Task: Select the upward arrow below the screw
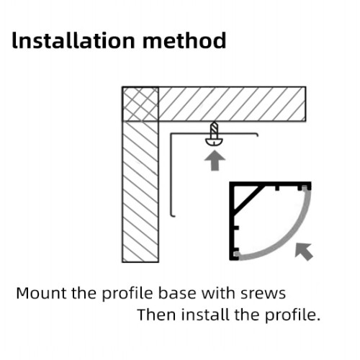tap(213, 161)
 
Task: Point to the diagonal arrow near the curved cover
tap(304, 251)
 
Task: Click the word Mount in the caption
tap(39, 293)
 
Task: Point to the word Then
tap(154, 315)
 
